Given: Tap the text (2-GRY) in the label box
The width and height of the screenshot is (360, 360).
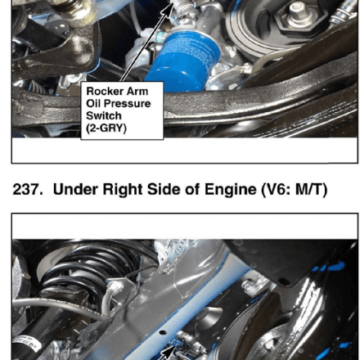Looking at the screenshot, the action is [x=106, y=128].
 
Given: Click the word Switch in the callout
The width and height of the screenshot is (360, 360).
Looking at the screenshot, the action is [x=104, y=115].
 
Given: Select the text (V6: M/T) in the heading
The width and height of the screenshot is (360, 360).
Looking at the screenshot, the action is [x=295, y=190].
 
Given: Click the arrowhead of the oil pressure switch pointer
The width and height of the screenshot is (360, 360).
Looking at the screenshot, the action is [x=170, y=6].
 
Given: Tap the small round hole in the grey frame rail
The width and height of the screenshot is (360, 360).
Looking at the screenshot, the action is [x=163, y=332].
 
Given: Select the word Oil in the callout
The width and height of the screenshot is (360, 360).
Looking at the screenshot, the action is [x=94, y=103].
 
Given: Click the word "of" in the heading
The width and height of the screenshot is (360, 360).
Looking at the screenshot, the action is [x=192, y=189].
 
